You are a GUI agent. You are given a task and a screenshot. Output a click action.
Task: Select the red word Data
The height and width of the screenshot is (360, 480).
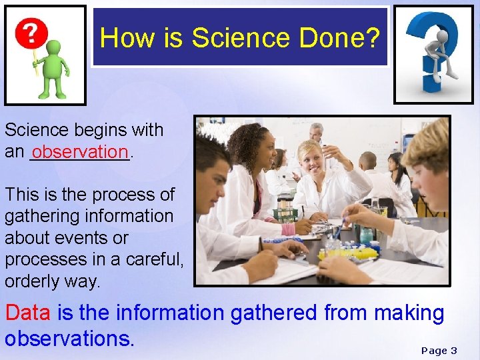[29, 313]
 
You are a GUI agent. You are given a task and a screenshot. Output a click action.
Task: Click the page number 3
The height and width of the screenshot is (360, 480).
[454, 351]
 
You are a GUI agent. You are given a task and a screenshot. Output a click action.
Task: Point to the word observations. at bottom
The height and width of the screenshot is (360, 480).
[70, 338]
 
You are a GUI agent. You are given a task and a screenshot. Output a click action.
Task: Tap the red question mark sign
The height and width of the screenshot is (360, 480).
[32, 32]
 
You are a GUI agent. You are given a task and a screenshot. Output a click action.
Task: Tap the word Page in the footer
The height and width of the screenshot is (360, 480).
[434, 351]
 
